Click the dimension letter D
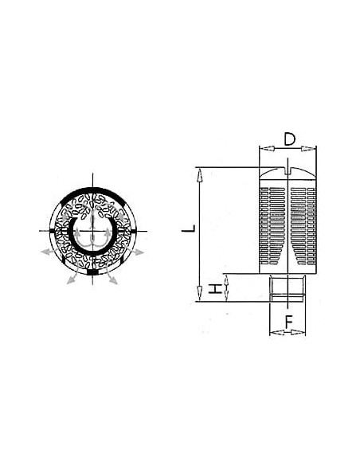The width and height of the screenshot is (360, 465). tap(289, 139)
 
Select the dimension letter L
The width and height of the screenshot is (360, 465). tap(189, 229)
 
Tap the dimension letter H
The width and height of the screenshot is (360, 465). tap(216, 288)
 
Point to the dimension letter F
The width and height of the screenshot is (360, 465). tap(289, 322)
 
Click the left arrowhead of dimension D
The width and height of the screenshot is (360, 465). tap(266, 149)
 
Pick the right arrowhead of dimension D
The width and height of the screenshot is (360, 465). tap(309, 149)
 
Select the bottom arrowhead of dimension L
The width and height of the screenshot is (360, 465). tap(200, 294)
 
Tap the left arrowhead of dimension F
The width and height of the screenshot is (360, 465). tap(276, 333)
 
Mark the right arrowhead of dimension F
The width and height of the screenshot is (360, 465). tap(298, 333)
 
